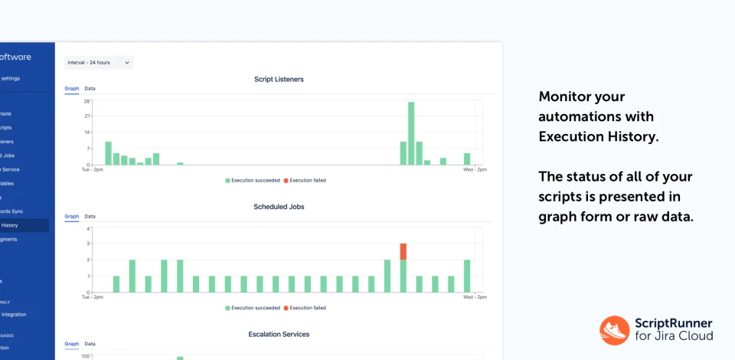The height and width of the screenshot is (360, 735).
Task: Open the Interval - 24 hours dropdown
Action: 99,62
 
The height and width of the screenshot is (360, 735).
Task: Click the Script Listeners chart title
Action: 278,79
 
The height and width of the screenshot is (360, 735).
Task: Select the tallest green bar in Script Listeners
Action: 411,133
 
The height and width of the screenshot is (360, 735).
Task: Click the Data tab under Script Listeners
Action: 90,89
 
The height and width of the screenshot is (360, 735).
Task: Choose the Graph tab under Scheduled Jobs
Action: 71,217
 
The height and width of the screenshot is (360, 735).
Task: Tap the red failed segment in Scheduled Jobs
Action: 403,251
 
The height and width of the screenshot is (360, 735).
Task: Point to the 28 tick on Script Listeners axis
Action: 87,100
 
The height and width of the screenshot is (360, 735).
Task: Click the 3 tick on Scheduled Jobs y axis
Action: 89,244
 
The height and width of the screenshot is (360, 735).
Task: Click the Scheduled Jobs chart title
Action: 278,207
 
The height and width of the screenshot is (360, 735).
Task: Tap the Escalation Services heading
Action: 279,335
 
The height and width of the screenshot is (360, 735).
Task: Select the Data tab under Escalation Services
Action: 90,345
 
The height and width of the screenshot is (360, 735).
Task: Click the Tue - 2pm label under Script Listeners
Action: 93,170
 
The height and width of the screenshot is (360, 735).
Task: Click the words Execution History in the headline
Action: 597,137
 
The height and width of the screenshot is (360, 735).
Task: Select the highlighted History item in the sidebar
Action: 11,225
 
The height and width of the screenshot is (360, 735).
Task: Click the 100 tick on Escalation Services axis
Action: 87,355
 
